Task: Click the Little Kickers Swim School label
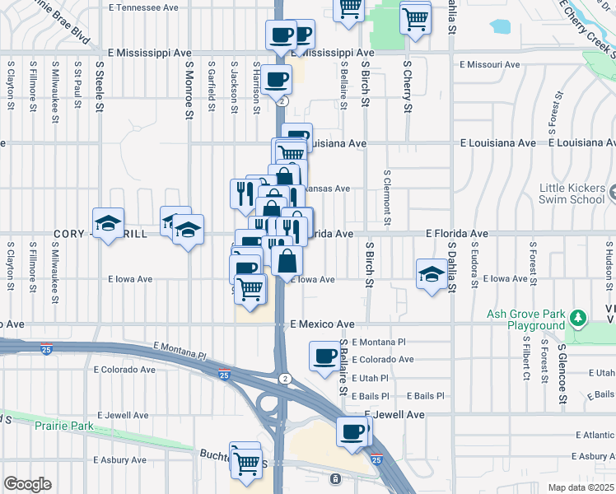[572, 193]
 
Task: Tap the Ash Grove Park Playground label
[526, 319]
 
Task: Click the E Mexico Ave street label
[322, 324]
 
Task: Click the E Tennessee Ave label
[143, 7]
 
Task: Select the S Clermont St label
[387, 197]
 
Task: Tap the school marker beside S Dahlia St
[432, 275]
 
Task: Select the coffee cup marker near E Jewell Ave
[352, 431]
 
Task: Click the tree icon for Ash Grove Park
[578, 318]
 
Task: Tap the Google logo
[26, 483]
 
